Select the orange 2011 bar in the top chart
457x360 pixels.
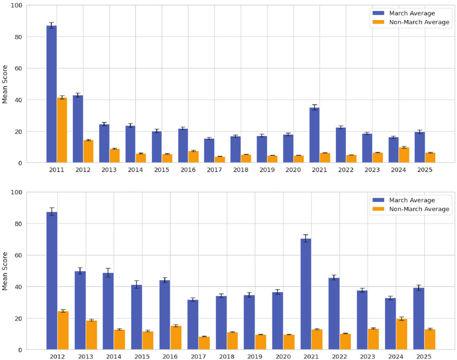62,130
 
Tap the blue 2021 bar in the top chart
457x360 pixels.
314,136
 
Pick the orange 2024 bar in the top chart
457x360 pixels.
404,155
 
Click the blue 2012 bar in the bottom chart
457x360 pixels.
52,281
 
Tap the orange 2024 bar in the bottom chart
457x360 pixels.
401,334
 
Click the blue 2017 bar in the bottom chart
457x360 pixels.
193,325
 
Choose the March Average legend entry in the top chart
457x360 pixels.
411,13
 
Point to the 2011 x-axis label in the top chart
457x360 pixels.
57,170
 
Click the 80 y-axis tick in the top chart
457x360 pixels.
19,37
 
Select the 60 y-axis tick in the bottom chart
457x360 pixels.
19,255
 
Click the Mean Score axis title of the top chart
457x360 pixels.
5,84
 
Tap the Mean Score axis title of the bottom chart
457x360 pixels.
5,271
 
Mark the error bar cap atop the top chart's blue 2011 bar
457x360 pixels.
51,23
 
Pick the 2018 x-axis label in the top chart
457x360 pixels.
241,170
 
